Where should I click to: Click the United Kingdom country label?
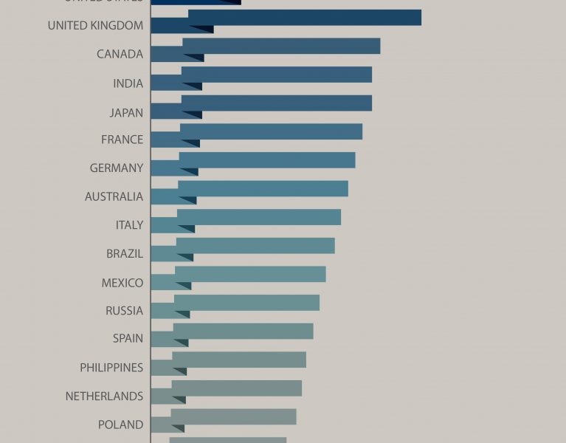click(95, 26)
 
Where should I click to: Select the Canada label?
click(120, 54)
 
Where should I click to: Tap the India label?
click(128, 83)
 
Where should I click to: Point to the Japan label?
click(125, 112)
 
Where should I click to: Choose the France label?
click(122, 140)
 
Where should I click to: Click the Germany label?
click(117, 168)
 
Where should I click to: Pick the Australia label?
click(114, 196)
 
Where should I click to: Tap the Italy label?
click(129, 225)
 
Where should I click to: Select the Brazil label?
click(125, 253)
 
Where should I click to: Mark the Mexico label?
click(122, 283)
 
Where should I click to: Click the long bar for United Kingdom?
click(304, 18)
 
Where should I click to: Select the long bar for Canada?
click(281, 46)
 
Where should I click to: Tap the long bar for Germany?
click(266, 159)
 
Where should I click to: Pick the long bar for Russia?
click(246, 303)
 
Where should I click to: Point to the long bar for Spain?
click(243, 331)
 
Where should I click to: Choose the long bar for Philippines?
click(238, 360)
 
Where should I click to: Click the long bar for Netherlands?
click(236, 388)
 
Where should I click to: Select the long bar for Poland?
click(233, 416)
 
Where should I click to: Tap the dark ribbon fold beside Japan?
click(193, 114)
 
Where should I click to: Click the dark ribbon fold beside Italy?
click(186, 229)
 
